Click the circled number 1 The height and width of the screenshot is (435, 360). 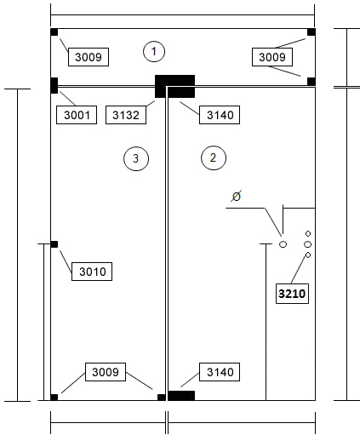[x=154, y=52]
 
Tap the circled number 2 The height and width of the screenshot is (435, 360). [x=214, y=157]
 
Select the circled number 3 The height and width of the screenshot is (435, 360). [x=136, y=158]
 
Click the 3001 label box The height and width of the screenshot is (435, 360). [x=77, y=115]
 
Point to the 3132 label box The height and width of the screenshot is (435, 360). [x=126, y=115]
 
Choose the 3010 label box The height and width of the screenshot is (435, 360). [x=92, y=272]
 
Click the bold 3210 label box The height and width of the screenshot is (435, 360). [x=292, y=294]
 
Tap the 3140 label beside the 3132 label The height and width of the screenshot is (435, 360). [x=220, y=115]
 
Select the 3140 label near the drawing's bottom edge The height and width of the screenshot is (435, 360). [x=220, y=372]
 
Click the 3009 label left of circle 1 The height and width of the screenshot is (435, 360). [x=89, y=57]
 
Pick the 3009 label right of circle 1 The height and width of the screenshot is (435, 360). [x=272, y=57]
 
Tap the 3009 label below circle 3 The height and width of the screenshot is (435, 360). [x=106, y=372]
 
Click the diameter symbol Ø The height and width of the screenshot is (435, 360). [x=236, y=196]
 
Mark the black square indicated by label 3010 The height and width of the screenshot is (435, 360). [x=54, y=244]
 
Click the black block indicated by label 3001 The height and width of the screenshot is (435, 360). [x=54, y=85]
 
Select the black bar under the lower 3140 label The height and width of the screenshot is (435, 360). [x=181, y=396]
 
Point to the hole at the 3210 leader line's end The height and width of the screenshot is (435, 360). [x=308, y=255]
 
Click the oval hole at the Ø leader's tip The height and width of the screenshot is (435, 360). [x=283, y=244]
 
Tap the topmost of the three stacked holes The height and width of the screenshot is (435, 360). [x=308, y=233]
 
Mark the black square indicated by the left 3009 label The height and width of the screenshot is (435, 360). [x=54, y=32]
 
